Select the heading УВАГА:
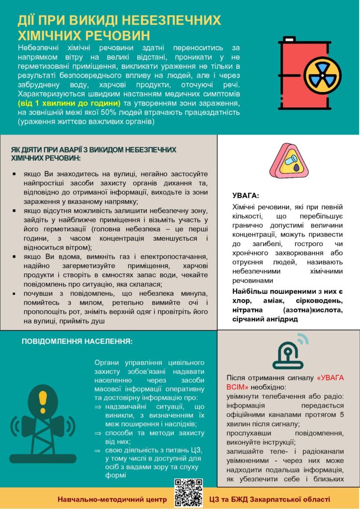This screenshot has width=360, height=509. tap(246, 195)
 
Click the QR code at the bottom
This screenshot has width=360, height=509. tap(189, 492)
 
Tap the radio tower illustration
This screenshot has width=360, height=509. tap(42, 423)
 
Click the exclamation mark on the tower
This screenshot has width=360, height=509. tap(42, 398)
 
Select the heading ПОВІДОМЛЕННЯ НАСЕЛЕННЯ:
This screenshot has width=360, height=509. tap(77, 341)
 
